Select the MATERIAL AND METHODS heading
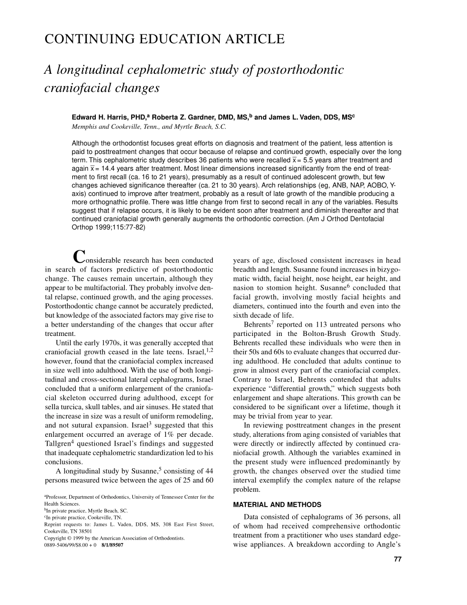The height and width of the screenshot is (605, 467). [x=277, y=505]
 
